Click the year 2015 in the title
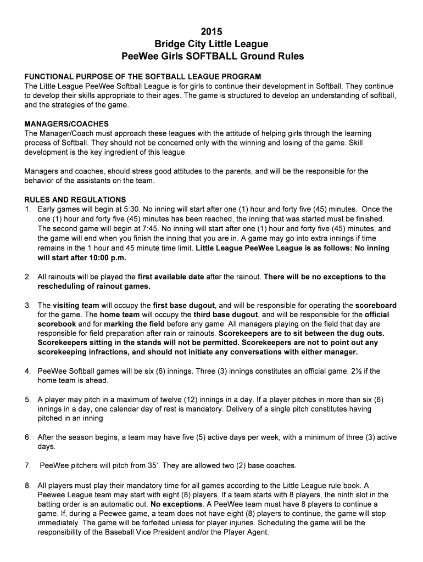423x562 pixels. pos(211,31)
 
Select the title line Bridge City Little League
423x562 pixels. pos(211,44)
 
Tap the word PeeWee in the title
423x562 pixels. pos(141,57)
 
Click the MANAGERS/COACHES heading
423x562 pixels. pos(66,124)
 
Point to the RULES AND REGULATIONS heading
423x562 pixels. pos(75,199)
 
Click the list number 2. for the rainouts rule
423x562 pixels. pos(27,277)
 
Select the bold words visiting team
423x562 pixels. pos(76,305)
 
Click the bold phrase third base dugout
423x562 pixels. pos(226,315)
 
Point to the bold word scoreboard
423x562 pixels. pos(376,305)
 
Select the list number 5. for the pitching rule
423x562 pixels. pos(27,400)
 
